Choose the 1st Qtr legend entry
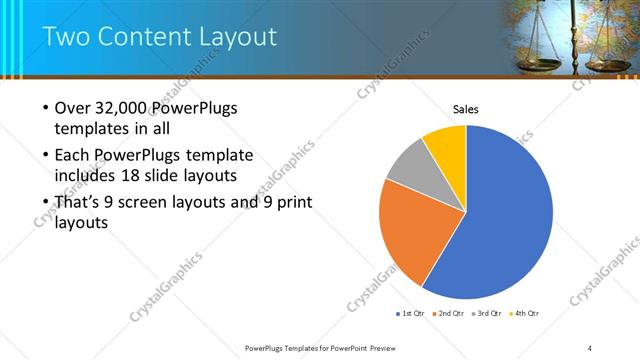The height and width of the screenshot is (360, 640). (411, 314)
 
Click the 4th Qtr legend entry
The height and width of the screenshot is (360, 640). (526, 314)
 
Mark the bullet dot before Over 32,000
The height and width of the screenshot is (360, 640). (46, 109)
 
